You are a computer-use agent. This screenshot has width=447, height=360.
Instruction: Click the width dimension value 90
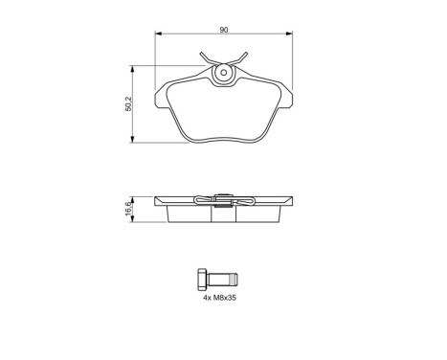(223, 30)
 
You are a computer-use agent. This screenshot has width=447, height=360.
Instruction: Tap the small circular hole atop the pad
(223, 71)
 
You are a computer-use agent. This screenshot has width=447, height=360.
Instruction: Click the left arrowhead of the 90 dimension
(159, 36)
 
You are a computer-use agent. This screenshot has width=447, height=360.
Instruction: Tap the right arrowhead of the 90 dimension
(289, 36)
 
